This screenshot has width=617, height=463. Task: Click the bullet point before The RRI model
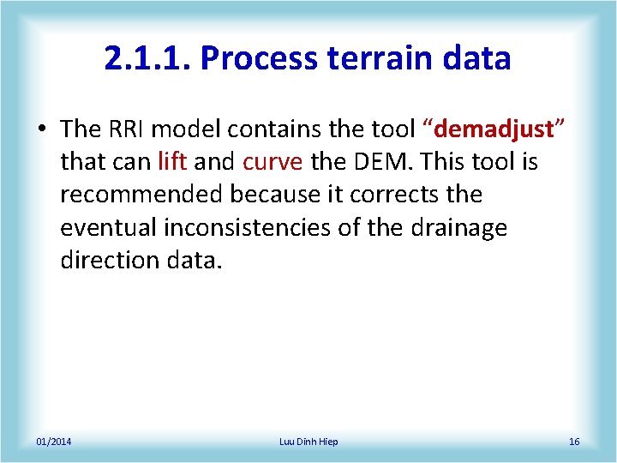(x=43, y=129)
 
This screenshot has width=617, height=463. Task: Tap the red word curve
(x=273, y=162)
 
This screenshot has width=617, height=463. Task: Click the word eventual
(x=109, y=227)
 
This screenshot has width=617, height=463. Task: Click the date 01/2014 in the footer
(x=54, y=442)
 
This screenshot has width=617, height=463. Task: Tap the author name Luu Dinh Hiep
(x=308, y=442)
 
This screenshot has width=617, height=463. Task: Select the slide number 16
(x=573, y=442)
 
